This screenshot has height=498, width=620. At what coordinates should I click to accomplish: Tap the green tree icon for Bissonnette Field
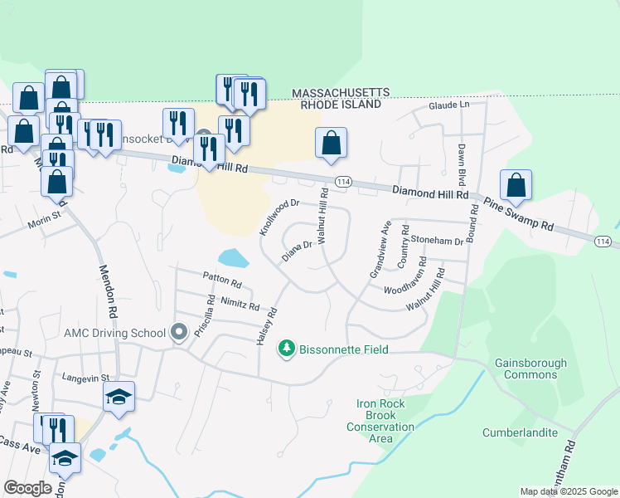pyautogui.click(x=287, y=348)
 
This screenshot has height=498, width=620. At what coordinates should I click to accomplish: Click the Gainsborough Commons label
pyautogui.click(x=530, y=369)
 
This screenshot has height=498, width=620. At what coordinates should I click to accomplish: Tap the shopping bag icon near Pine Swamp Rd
pyautogui.click(x=516, y=188)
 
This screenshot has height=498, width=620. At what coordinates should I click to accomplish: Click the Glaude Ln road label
pyautogui.click(x=448, y=105)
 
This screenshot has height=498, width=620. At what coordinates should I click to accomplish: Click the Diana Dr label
pyautogui.click(x=296, y=250)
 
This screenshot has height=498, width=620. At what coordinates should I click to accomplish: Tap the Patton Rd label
pyautogui.click(x=220, y=280)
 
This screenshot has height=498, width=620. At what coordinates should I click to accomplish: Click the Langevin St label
pyautogui.click(x=85, y=378)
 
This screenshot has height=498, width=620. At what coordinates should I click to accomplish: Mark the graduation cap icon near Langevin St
pyautogui.click(x=119, y=398)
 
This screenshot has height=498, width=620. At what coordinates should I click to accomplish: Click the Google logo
pyautogui.click(x=27, y=488)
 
